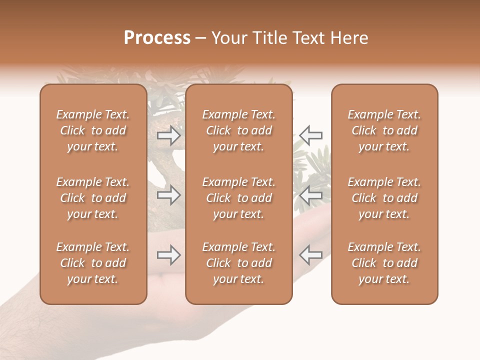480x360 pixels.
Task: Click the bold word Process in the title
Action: (157, 38)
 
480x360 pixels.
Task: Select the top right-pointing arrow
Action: (168, 135)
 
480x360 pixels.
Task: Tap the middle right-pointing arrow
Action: (168, 195)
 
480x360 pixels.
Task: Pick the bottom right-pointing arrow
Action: (168, 255)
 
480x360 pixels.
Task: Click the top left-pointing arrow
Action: (310, 135)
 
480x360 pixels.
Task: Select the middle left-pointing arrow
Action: (310, 195)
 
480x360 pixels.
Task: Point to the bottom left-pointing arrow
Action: (310, 255)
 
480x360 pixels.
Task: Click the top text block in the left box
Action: (92, 130)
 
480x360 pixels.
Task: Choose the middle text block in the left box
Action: (92, 198)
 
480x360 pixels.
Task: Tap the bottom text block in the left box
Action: (92, 263)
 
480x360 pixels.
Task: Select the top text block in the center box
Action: (238, 130)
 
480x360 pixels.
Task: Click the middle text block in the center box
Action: (238, 198)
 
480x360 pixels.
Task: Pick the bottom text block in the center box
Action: (238, 263)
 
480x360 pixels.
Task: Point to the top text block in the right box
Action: (384, 130)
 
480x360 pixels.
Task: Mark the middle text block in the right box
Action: (384, 198)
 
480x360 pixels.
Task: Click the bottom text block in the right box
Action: (384, 263)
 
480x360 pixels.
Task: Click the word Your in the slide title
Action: (228, 38)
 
